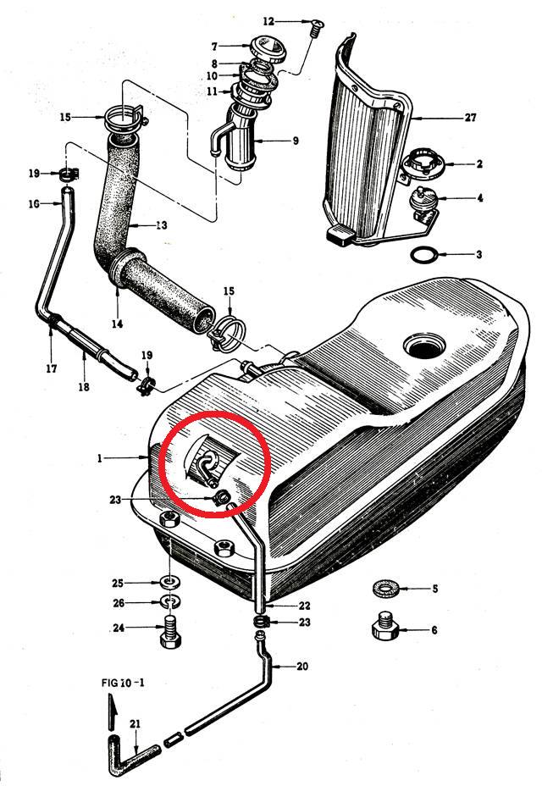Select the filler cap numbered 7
[268, 49]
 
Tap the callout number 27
[470, 118]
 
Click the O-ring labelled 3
[424, 254]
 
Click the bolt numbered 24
[171, 631]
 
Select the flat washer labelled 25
[170, 583]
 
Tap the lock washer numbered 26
[171, 601]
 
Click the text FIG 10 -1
[123, 682]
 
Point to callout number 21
[135, 724]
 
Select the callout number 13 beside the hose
[161, 225]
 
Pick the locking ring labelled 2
[423, 163]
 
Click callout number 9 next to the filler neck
[296, 141]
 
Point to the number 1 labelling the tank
[100, 458]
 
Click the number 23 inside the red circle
[115, 500]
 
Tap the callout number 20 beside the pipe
[302, 667]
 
